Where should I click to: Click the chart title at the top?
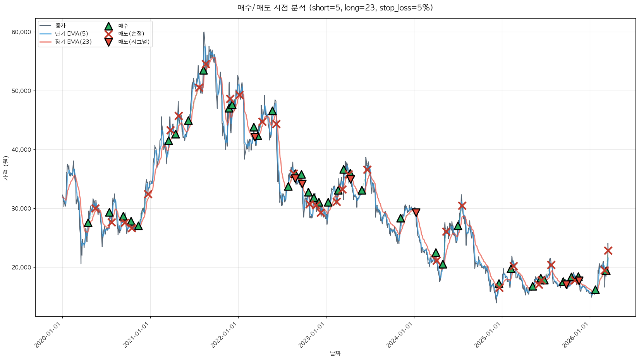(335, 8)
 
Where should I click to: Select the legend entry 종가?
(60, 26)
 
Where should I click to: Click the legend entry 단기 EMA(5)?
(71, 34)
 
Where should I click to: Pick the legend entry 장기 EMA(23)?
(73, 42)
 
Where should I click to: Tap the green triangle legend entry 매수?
(123, 26)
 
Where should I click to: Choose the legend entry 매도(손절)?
(131, 34)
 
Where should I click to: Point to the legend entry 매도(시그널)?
(134, 42)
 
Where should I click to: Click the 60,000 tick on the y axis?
(21, 32)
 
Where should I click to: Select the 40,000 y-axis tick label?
(21, 150)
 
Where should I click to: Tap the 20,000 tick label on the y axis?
(21, 267)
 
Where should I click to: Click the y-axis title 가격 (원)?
(5, 168)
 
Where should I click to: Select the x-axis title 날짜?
(335, 353)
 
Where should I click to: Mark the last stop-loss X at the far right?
(608, 250)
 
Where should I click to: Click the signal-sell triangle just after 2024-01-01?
(416, 212)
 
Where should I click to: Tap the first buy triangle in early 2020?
(88, 223)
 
